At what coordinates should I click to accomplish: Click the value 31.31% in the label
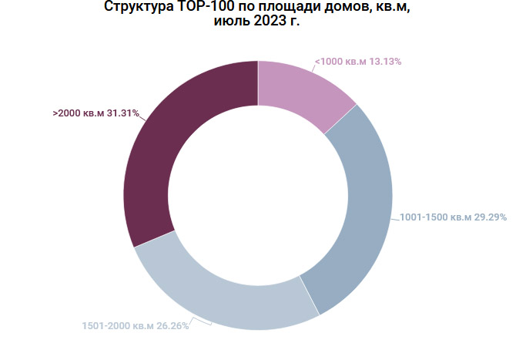click(x=123, y=113)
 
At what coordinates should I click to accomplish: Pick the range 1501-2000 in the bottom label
click(x=105, y=326)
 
